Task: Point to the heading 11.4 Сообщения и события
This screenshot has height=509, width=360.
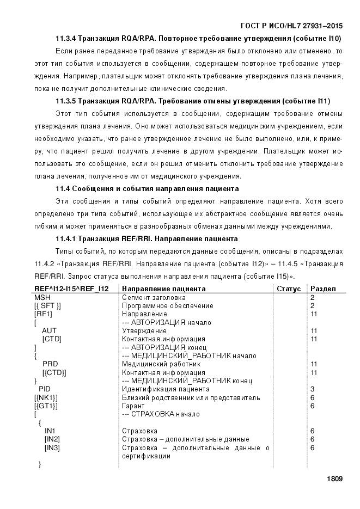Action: coord(147,189)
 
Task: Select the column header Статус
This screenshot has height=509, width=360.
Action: coord(289,289)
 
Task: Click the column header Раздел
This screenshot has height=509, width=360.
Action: coord(323,289)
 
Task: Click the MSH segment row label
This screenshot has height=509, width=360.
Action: coord(42,297)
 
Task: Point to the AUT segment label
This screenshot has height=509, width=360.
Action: coord(49,330)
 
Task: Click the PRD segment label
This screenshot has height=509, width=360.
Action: coord(50,364)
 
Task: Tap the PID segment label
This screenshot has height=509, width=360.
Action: coord(45,389)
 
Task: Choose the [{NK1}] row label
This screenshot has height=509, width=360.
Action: coord(46,397)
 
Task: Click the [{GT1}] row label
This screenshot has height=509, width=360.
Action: coord(46,406)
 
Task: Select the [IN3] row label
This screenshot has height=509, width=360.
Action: coord(52,447)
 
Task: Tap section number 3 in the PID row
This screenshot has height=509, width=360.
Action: coord(312,389)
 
